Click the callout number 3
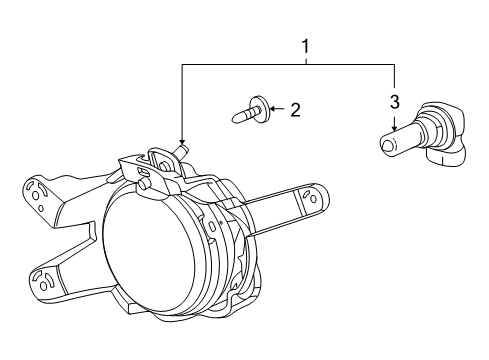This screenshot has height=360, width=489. click(394, 101)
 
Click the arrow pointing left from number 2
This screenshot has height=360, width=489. click(274, 108)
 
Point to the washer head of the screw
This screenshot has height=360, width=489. click(259, 107)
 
